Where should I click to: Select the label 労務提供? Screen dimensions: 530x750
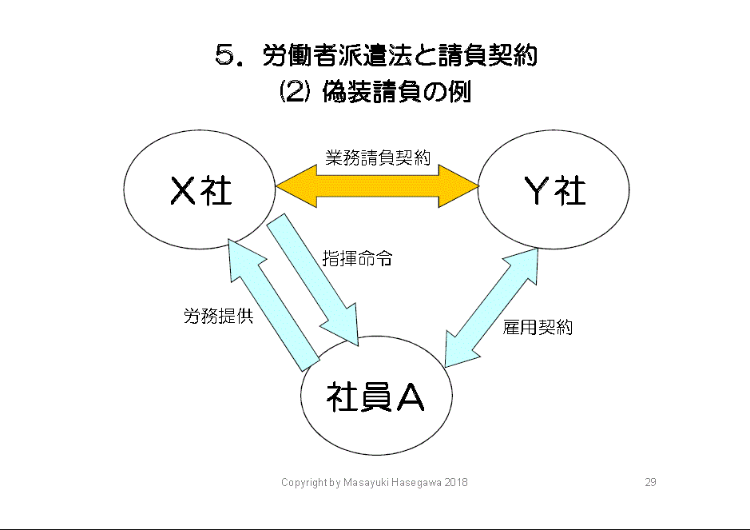pos(219,317)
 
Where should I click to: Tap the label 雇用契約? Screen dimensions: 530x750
pos(538,327)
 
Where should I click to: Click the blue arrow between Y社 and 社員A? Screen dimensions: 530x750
pos(490,307)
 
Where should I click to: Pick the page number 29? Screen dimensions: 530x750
pos(650,483)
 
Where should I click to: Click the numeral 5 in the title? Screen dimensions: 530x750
pos(224,56)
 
